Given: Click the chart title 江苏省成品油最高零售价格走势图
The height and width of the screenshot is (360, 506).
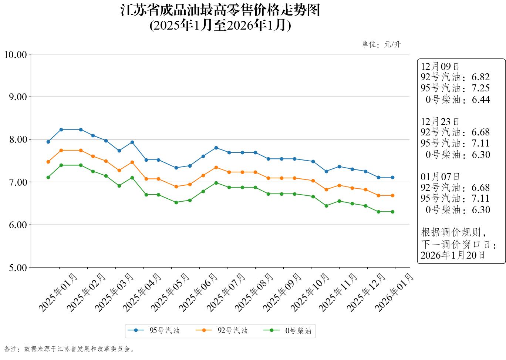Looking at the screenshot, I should coord(220,10).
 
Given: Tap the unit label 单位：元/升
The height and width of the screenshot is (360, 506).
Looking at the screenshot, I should coord(381,45).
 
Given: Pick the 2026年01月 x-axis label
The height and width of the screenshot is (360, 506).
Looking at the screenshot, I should coord(394,292).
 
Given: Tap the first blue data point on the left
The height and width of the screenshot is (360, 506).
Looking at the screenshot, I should coord(48,142).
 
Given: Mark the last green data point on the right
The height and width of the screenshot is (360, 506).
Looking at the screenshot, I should coord(392,212).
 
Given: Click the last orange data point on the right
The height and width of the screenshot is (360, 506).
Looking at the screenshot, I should coord(392,195).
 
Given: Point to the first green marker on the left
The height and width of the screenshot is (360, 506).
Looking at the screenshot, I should coord(48,177).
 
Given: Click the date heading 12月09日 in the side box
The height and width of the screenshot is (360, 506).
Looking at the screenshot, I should coord(440,66).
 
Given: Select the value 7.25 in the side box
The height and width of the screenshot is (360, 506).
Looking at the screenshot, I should coord(480,88).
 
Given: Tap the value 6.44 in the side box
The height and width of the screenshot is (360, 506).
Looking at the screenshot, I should coord(480,99).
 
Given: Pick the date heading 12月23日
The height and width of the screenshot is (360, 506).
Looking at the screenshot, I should coord(440,121).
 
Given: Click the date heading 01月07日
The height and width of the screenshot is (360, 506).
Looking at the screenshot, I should coord(440,176).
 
